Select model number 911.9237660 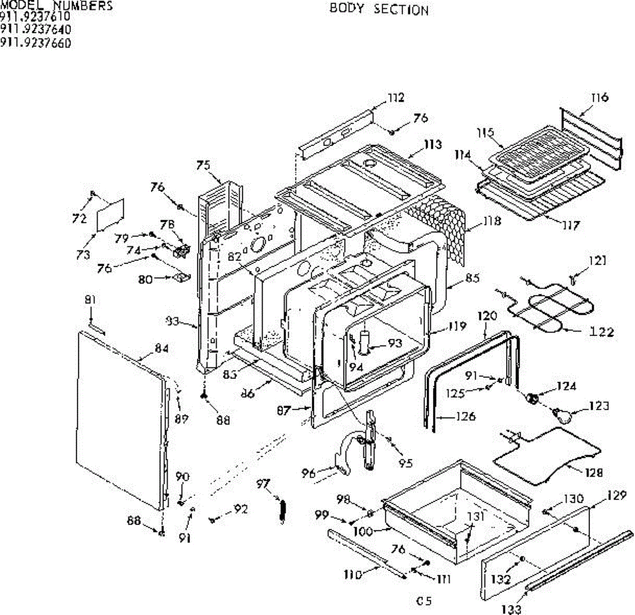coord(35,43)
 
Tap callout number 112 coord(395,97)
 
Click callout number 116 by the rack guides coord(600,97)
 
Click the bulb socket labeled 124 coord(532,397)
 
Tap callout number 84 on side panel coord(161,348)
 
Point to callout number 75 coord(203,166)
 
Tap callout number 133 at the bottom coord(511,610)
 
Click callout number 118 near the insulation coord(492,221)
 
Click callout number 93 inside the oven coord(395,343)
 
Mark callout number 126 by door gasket coord(466,416)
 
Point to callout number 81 coord(90,300)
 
